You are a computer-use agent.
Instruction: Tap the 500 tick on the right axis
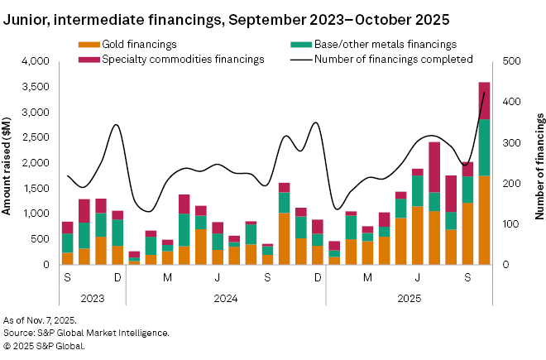coord(510,61)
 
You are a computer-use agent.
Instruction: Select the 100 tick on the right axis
coord(510,224)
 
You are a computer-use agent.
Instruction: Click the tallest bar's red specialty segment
coord(484,100)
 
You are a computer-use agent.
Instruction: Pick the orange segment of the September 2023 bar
coord(67,258)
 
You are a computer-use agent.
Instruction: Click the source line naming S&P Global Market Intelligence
coord(87,333)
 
